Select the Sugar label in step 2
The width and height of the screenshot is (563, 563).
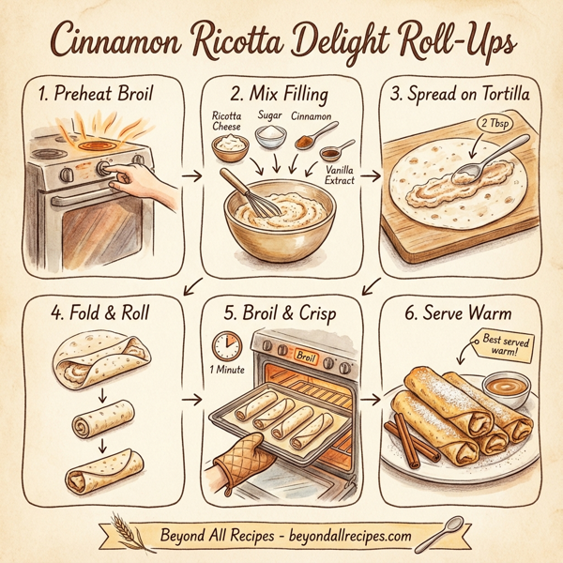269,114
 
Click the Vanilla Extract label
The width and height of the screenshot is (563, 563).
336,174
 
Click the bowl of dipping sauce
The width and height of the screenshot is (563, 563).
505,385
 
